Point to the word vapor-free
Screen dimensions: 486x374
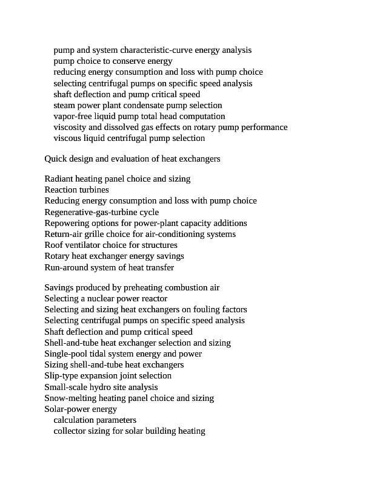pyautogui.click(x=72, y=116)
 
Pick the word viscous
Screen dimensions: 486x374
pyautogui.click(x=68, y=138)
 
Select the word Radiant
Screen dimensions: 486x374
pyautogui.click(x=59, y=179)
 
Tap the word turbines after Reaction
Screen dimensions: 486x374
pyautogui.click(x=94, y=190)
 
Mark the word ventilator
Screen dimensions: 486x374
pyautogui.click(x=82, y=245)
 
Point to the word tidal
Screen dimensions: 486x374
pyautogui.click(x=104, y=354)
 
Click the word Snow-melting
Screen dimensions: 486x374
pyautogui.click(x=70, y=398)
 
